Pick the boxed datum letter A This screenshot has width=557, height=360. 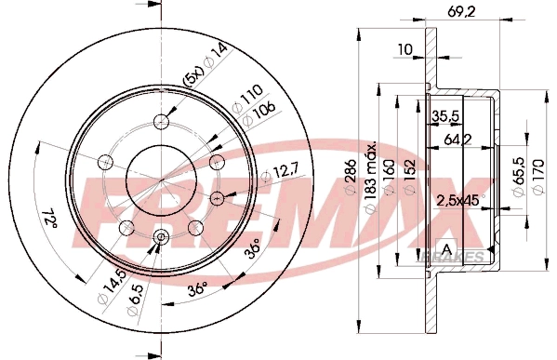[447, 248]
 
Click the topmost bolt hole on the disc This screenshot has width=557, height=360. [163, 120]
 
